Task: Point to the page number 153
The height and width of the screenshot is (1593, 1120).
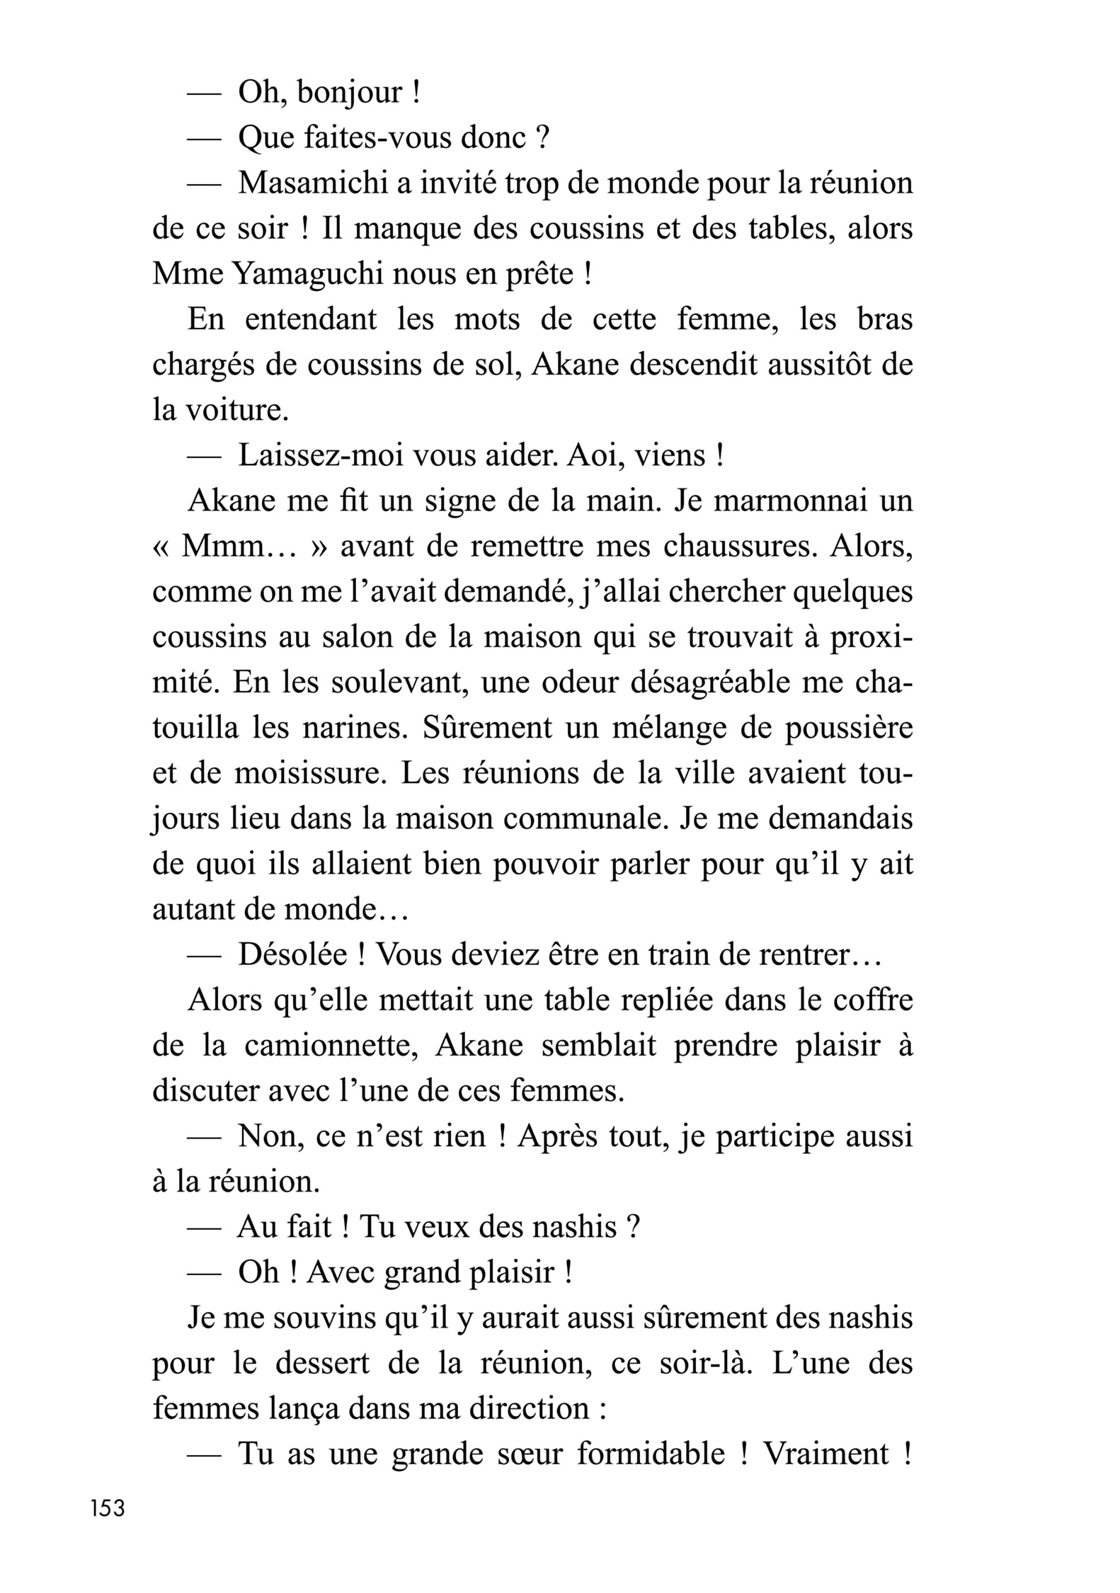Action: click(x=108, y=1508)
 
